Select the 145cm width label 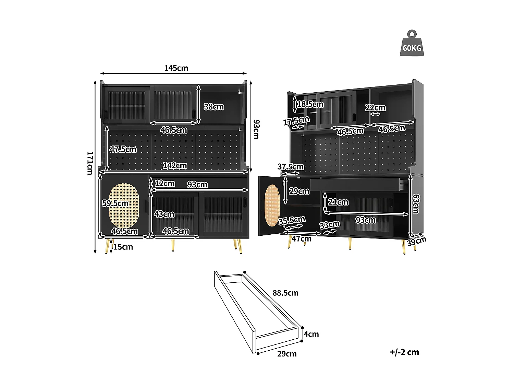(x=176, y=68)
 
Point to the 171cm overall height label (x=89, y=163)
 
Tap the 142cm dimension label (x=175, y=165)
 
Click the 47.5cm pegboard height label (x=123, y=149)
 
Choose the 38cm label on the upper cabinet (x=214, y=107)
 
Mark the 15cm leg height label (x=123, y=247)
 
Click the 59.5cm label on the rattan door (x=115, y=203)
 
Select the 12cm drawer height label (x=165, y=184)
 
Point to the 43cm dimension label (x=164, y=214)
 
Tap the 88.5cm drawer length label (x=285, y=293)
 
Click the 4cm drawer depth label (x=311, y=334)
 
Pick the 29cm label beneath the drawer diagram (x=287, y=354)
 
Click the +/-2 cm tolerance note (x=404, y=352)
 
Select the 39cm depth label (x=417, y=241)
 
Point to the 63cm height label (x=415, y=204)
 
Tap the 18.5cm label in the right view (x=310, y=104)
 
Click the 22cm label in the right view (x=375, y=108)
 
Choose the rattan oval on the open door (x=272, y=205)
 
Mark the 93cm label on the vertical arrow (x=256, y=129)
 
